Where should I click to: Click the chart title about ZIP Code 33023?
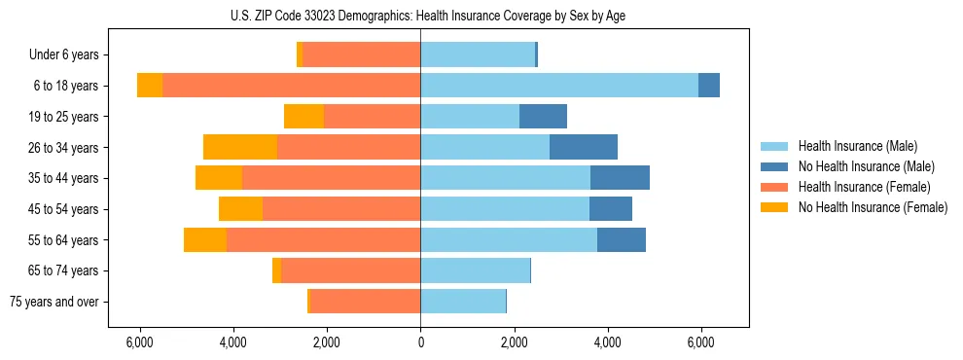(420, 15)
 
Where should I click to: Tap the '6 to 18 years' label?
(65, 86)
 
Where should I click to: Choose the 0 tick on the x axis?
(420, 342)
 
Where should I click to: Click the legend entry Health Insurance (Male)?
(857, 146)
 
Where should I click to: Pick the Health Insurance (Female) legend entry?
(864, 187)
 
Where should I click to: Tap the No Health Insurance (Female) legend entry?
(872, 207)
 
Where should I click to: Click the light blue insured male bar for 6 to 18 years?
(559, 86)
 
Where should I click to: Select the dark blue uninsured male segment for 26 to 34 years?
(584, 147)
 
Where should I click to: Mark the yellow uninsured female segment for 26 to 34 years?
(240, 147)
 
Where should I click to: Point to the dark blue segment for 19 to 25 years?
(543, 117)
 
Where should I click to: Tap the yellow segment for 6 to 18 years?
(150, 86)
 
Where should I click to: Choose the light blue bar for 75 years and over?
(463, 302)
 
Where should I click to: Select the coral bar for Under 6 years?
(362, 55)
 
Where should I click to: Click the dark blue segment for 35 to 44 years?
(620, 178)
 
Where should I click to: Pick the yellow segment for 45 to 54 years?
(240, 209)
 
